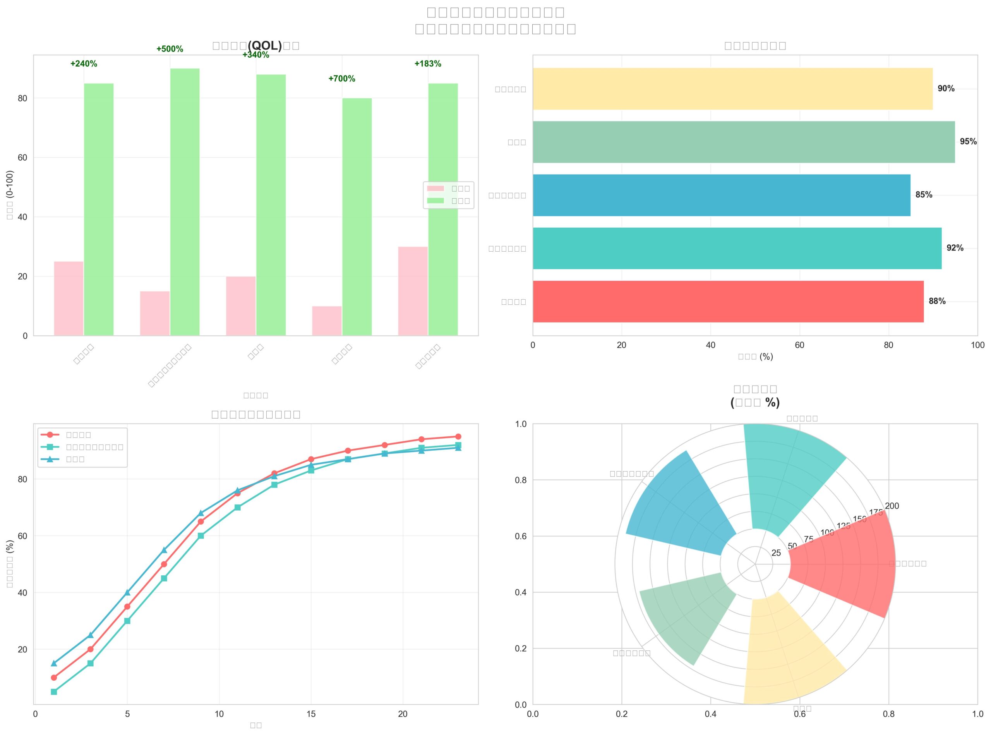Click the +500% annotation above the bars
pyautogui.click(x=169, y=49)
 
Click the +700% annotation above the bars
pyautogui.click(x=341, y=79)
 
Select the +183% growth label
pyautogui.click(x=428, y=64)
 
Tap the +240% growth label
pyautogui.click(x=83, y=64)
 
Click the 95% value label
pyautogui.click(x=968, y=142)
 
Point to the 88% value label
pyautogui.click(x=937, y=301)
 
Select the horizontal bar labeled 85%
pyautogui.click(x=721, y=195)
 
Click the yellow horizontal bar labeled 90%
pyautogui.click(x=732, y=89)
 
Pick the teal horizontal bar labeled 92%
pyautogui.click(x=737, y=248)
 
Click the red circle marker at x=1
pyautogui.click(x=54, y=678)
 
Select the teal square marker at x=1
pyautogui.click(x=54, y=692)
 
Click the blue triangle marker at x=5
pyautogui.click(x=127, y=592)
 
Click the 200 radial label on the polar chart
pyautogui.click(x=892, y=506)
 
